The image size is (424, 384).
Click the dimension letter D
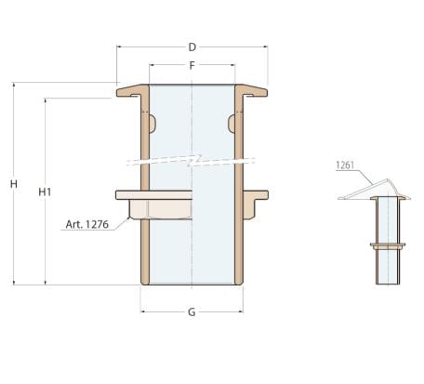[192, 47]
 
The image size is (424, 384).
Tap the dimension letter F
[192, 65]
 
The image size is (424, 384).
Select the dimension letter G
[192, 311]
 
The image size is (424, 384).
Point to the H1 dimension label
[45, 192]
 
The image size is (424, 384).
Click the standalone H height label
[14, 184]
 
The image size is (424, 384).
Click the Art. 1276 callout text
[87, 224]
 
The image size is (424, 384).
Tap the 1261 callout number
[345, 166]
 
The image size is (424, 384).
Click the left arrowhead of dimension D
[119, 46]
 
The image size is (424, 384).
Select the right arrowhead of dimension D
[265, 46]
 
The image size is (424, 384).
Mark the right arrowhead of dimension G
[241, 311]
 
